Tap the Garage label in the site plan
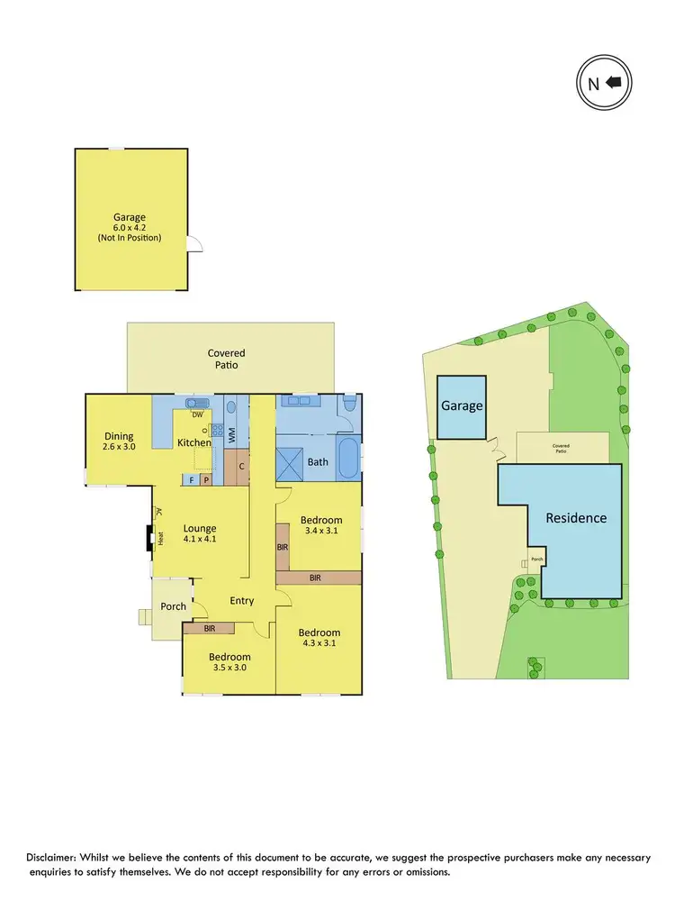click(x=462, y=406)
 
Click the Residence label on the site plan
click(x=576, y=518)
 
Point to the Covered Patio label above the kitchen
click(x=226, y=359)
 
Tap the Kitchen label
click(x=193, y=442)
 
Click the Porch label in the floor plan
click(x=174, y=606)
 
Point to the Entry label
click(x=242, y=601)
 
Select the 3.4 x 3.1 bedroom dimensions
click(x=321, y=532)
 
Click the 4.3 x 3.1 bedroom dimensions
click(x=319, y=644)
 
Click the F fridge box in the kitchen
click(x=191, y=480)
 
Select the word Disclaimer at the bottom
click(x=57, y=856)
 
